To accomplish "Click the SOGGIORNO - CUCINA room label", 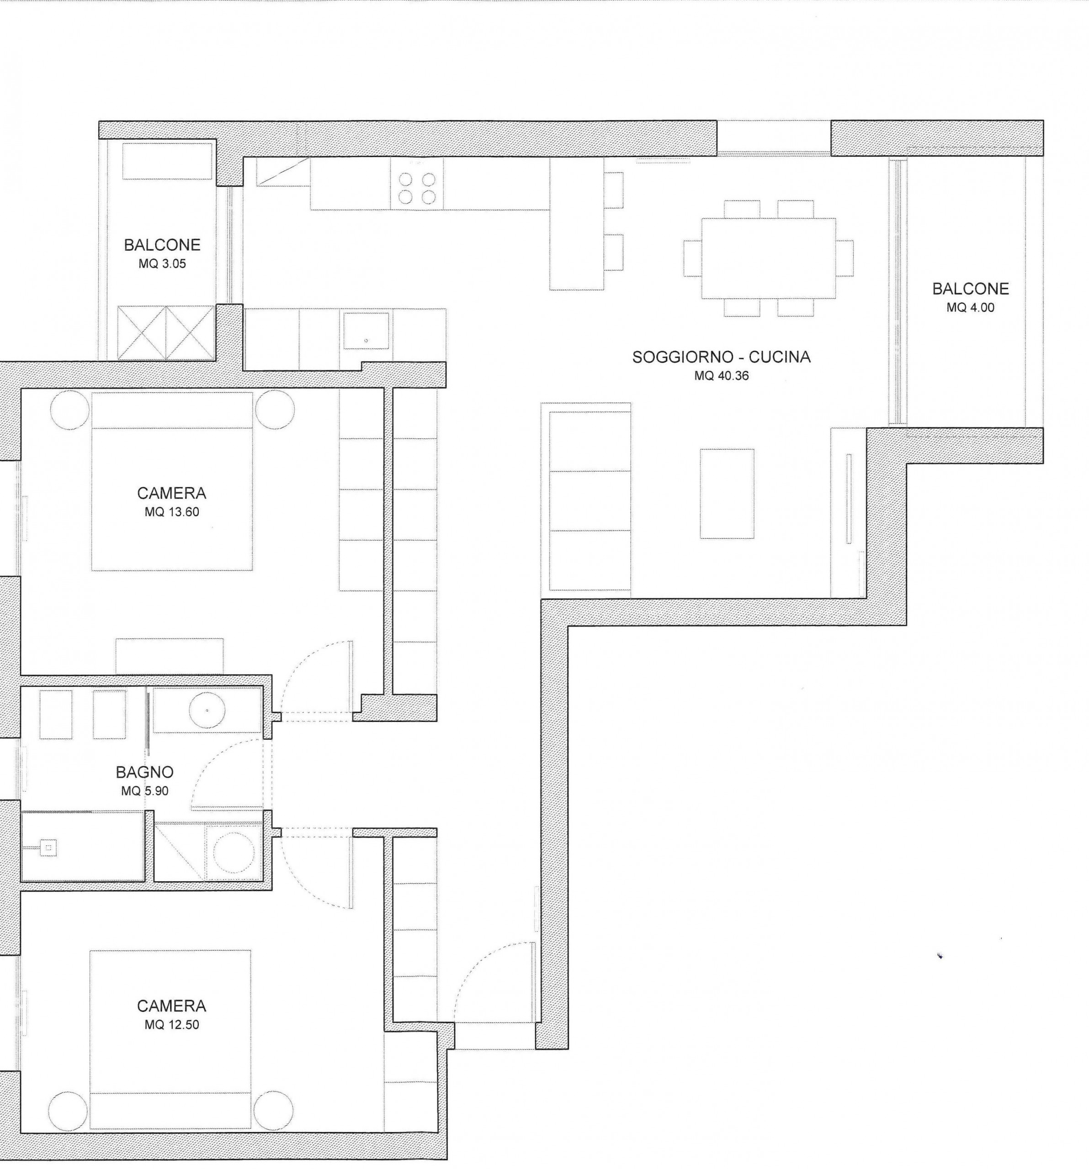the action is click(721, 357).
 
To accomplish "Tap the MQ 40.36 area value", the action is click(721, 376).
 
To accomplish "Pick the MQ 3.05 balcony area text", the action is click(162, 264).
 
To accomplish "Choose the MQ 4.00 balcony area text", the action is click(971, 307).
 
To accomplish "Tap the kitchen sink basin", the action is click(366, 331).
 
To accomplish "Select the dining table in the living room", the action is click(768, 259).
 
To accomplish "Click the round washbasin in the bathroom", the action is click(207, 711).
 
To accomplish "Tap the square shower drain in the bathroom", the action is click(49, 848).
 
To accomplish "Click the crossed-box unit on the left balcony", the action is click(165, 332).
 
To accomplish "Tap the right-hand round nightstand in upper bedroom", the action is click(274, 411).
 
